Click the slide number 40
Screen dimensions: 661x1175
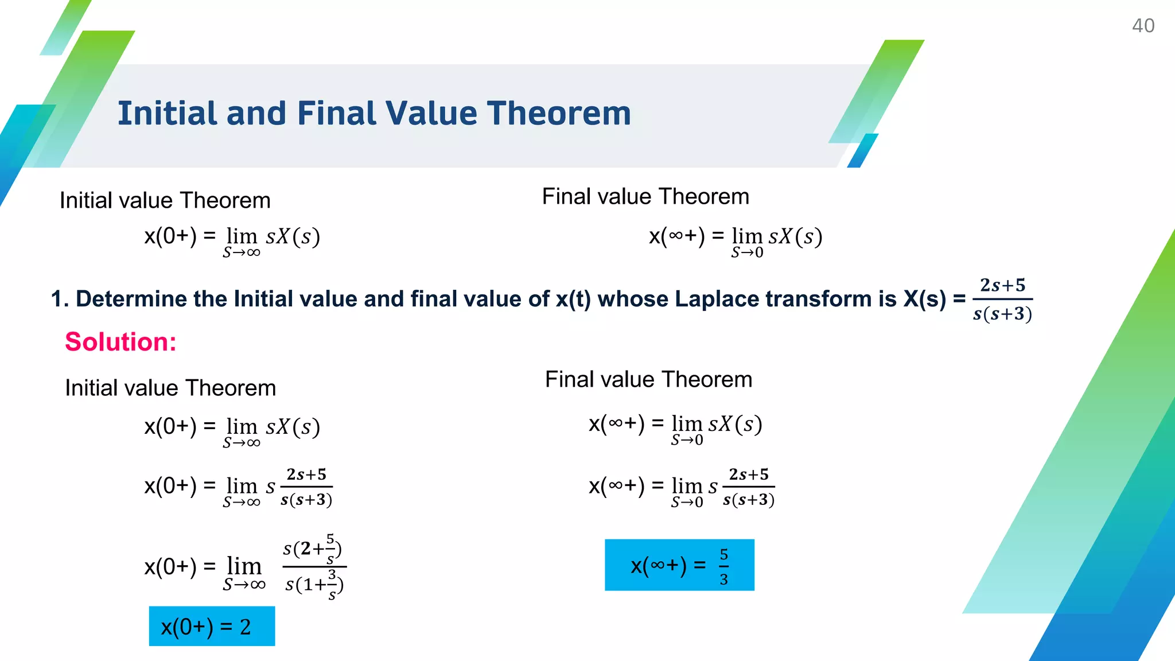click(1142, 26)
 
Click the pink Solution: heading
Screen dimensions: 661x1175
click(120, 342)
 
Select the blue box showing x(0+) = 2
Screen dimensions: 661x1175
click(212, 626)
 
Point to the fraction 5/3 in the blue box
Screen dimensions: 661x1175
click(724, 567)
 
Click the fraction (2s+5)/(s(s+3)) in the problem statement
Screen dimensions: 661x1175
click(1002, 300)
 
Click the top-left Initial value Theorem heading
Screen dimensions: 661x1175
click(165, 201)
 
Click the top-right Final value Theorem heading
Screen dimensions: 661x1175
click(645, 197)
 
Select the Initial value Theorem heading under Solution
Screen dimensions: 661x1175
click(170, 388)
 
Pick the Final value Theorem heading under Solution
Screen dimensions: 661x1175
click(648, 380)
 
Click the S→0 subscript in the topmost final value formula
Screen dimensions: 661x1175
click(747, 253)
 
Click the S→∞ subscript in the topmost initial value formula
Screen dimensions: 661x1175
click(242, 253)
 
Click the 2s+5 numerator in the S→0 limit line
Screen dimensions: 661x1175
click(749, 475)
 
